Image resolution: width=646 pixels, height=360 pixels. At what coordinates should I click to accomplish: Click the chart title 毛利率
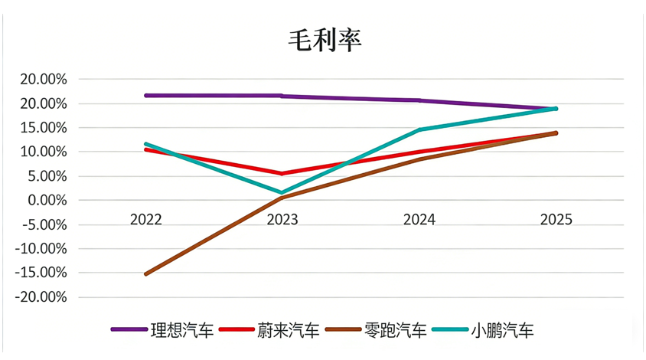[324, 40]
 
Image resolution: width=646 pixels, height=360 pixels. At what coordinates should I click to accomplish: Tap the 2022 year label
[145, 220]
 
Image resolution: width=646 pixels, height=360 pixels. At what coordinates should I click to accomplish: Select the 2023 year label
[282, 220]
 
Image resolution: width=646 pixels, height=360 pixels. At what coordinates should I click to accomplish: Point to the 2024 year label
[419, 220]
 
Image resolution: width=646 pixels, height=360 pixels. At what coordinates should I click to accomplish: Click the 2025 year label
[556, 220]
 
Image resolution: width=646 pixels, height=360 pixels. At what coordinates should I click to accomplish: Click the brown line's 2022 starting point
[145, 273]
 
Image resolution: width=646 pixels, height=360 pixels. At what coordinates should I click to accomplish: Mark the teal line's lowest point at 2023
[282, 193]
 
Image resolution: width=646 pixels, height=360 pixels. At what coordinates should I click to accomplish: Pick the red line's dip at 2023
[282, 174]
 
